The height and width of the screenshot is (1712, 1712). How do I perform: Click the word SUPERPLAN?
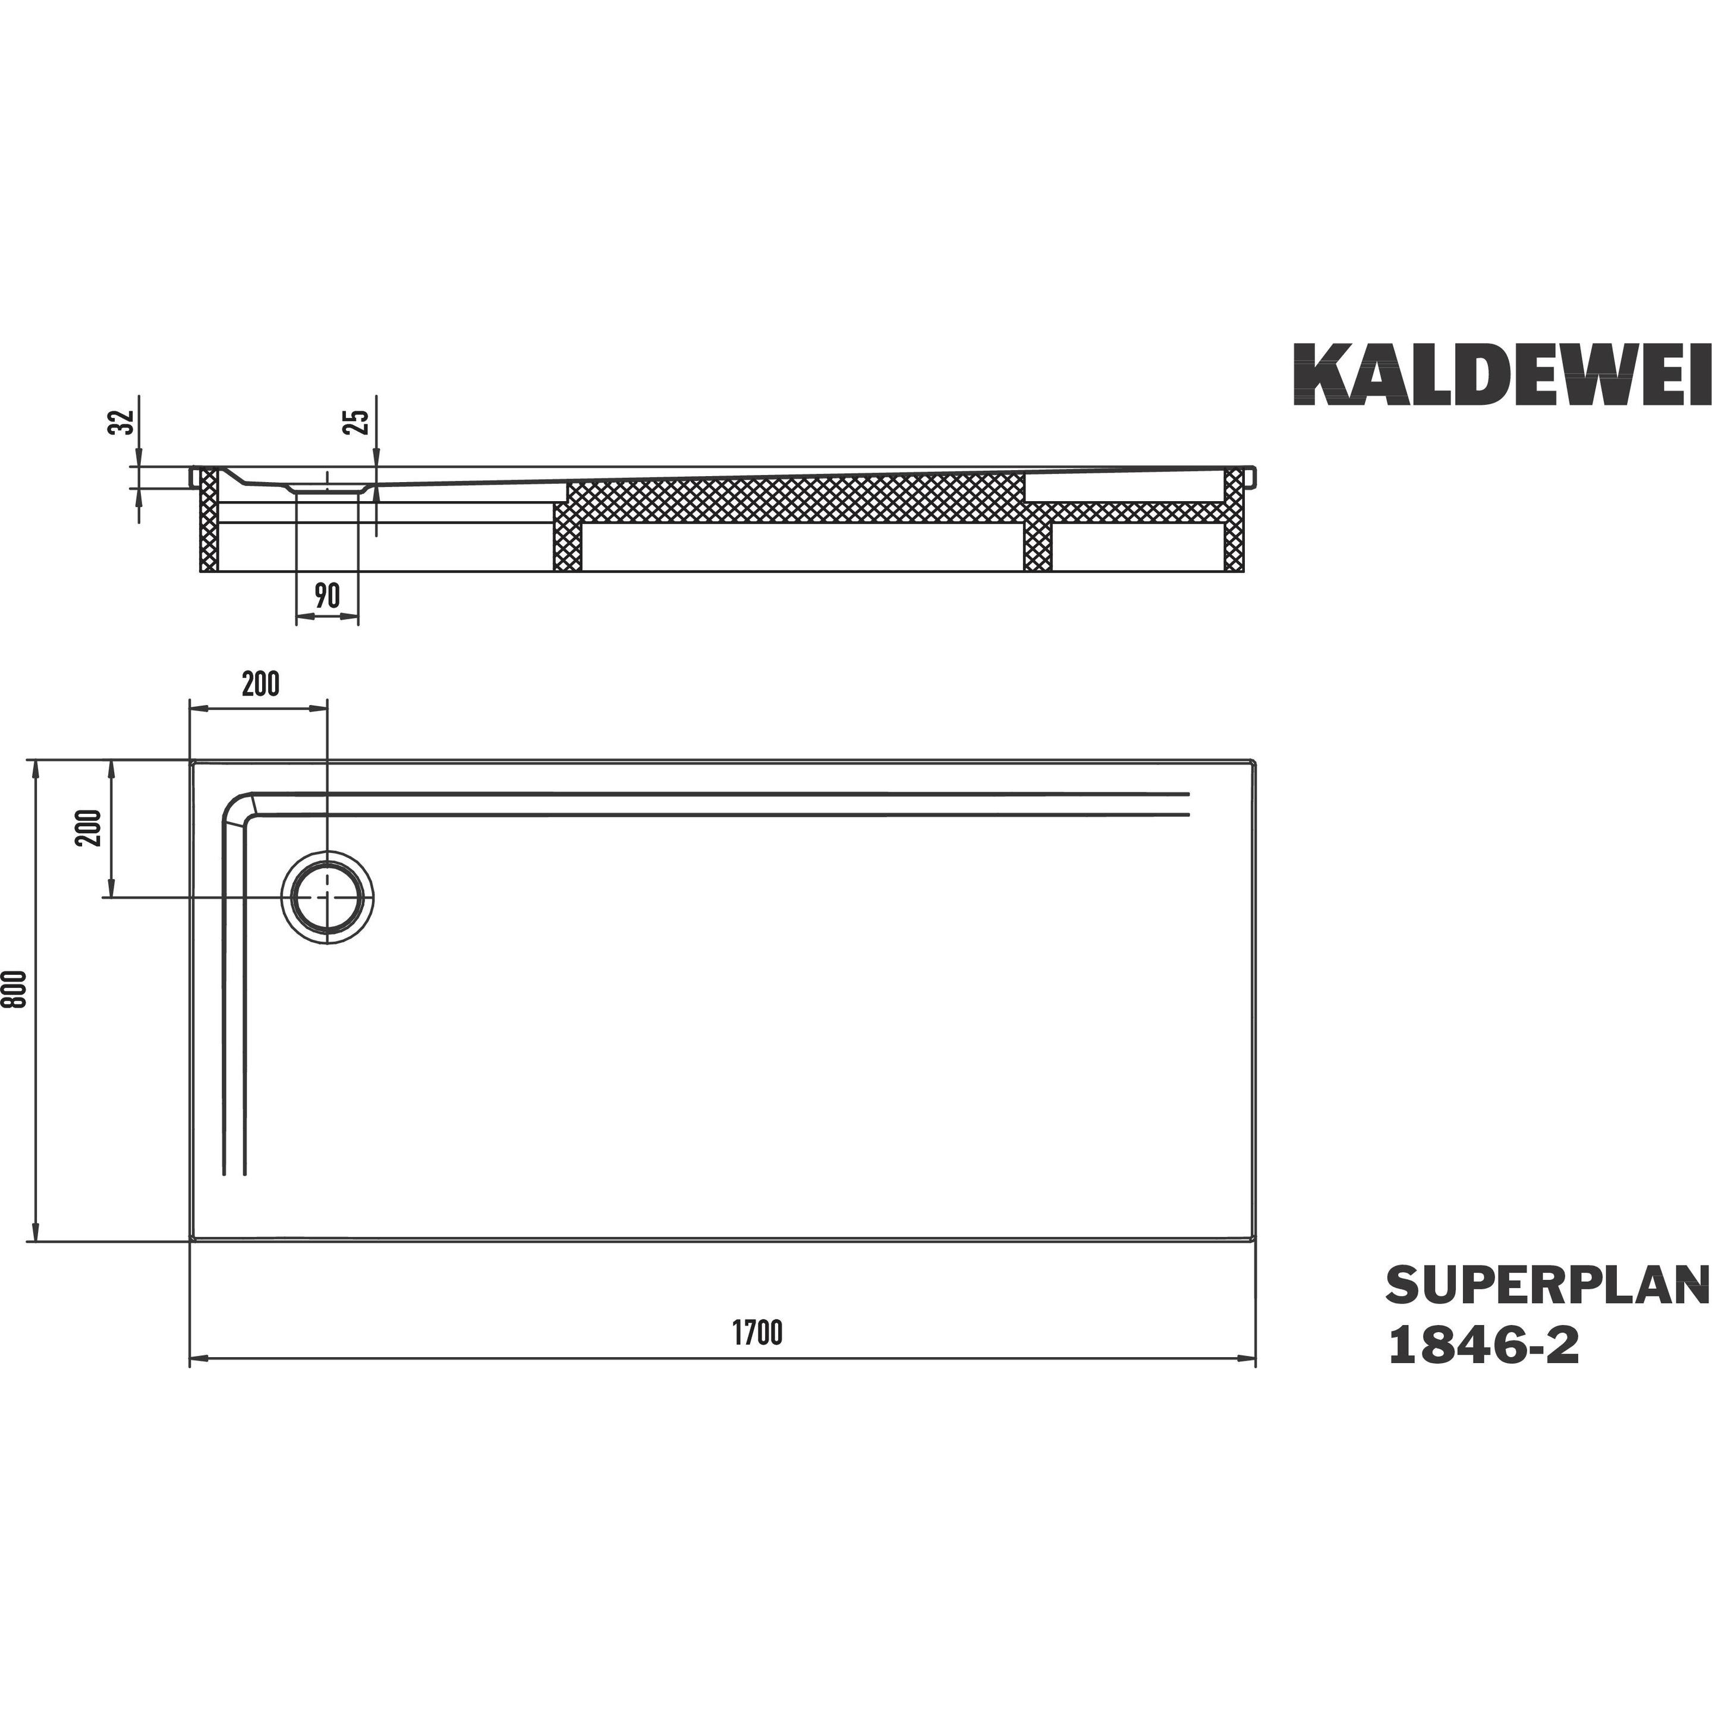click(x=1546, y=1310)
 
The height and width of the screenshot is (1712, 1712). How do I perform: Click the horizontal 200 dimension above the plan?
click(x=260, y=684)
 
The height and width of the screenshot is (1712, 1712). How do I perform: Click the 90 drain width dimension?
click(x=327, y=596)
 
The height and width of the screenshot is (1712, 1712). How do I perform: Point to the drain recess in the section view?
click(x=327, y=487)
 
